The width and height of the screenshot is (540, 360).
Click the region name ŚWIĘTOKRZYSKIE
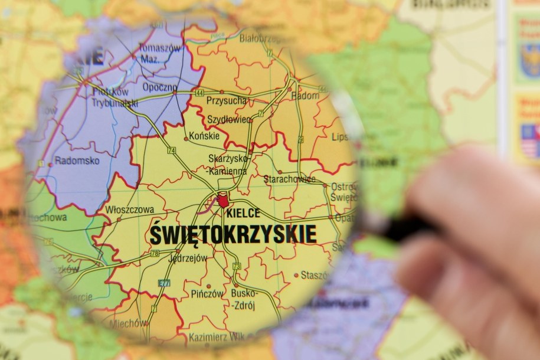point(233,234)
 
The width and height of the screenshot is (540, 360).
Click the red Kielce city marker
point(222,200)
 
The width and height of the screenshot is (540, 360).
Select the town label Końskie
point(204,136)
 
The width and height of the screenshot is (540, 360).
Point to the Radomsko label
point(77,161)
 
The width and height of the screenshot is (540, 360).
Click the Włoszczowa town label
point(129,210)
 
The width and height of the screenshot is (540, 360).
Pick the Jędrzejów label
point(188,258)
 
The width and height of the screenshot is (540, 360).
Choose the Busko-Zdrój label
point(244,298)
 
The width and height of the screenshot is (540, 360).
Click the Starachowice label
point(289,178)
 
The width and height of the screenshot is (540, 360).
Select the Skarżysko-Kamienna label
point(228,165)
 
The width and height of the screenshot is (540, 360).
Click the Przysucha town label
point(226,101)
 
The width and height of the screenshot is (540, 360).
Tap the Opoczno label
point(159,87)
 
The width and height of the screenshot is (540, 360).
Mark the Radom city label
point(306,95)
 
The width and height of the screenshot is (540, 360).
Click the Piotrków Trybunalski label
point(114,97)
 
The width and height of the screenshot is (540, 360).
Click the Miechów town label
point(129,323)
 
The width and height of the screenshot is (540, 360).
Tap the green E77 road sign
point(163,283)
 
